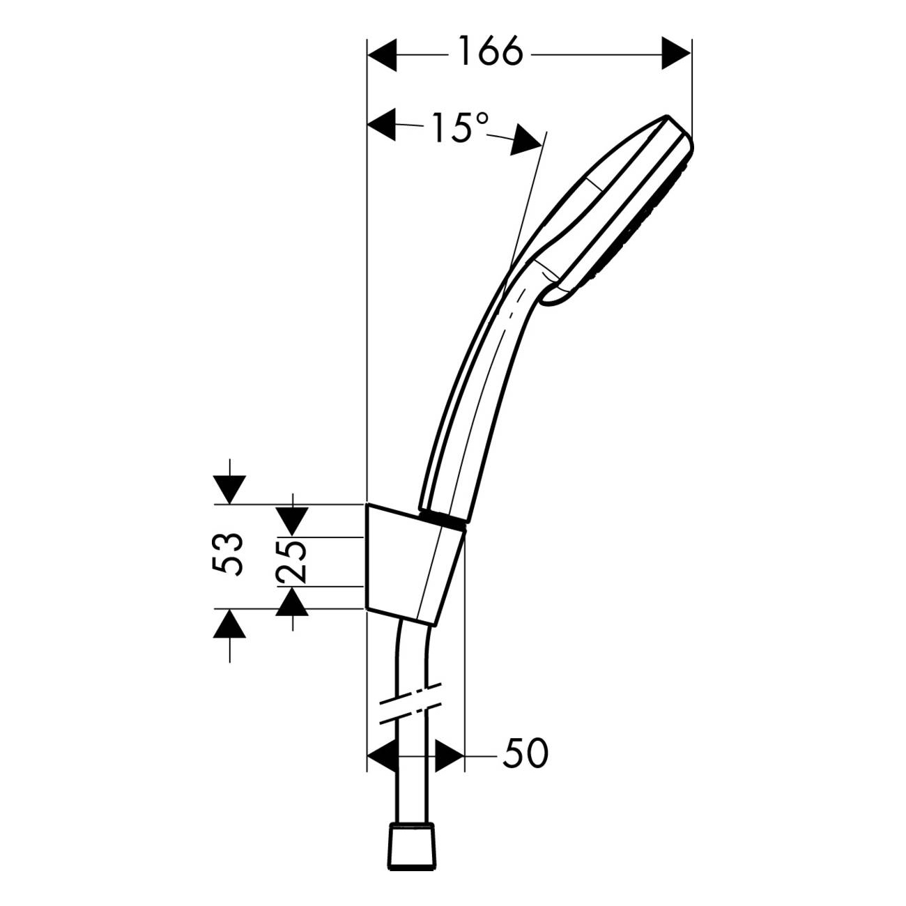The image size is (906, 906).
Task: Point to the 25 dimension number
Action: (291, 561)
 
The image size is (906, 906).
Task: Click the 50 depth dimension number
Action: (525, 753)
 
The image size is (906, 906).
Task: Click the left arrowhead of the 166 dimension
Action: (382, 54)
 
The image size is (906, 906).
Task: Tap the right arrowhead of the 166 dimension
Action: (676, 54)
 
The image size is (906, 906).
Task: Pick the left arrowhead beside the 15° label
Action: (382, 125)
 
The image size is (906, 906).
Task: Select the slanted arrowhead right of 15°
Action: (527, 140)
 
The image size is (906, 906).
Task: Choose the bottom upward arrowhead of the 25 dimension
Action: (292, 601)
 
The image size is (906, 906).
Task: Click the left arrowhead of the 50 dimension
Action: (382, 755)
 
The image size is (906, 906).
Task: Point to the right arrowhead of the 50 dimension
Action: (449, 755)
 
